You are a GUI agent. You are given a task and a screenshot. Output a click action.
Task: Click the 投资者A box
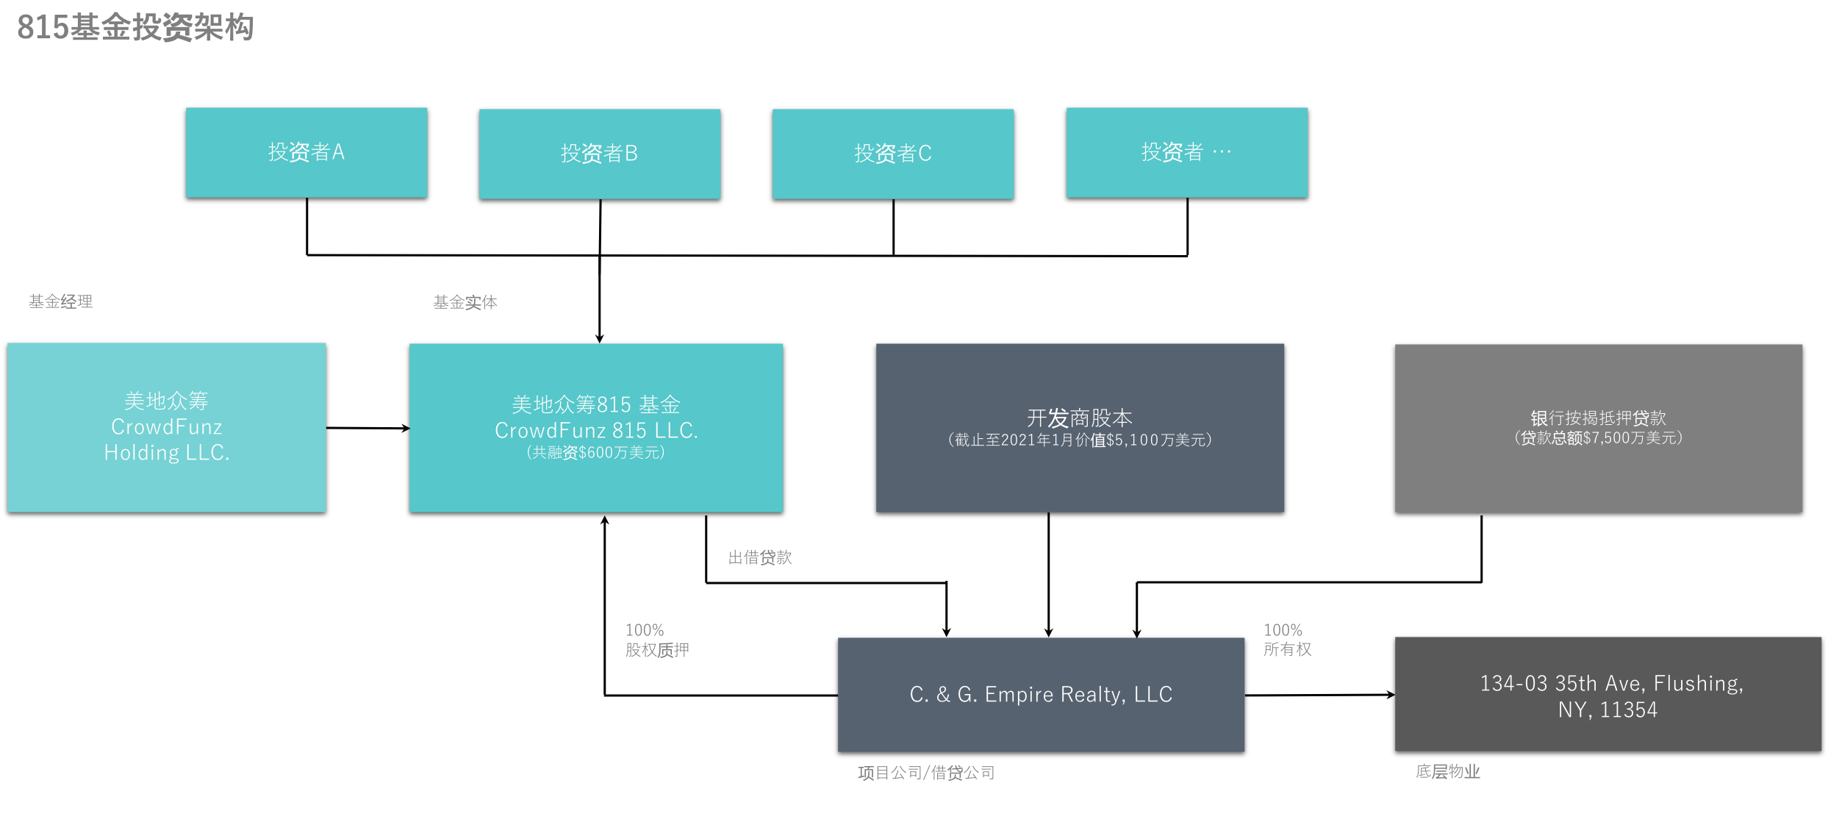(x=307, y=152)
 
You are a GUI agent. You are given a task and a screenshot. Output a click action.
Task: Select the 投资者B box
(x=600, y=154)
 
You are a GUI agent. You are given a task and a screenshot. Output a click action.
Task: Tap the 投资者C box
(x=893, y=154)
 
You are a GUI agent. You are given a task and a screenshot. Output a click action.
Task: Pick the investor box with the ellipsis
(x=1187, y=152)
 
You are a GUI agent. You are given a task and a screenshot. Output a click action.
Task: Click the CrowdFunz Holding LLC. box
(x=167, y=427)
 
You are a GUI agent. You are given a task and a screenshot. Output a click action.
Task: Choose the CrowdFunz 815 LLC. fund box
(x=596, y=428)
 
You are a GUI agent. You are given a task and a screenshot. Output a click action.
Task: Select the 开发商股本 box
(x=1080, y=428)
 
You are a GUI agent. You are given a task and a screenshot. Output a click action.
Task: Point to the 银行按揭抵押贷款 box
(x=1599, y=429)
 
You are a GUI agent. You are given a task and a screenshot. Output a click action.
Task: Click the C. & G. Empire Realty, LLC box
(x=1041, y=695)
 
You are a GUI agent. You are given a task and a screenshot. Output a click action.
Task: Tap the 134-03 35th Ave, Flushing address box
(x=1608, y=694)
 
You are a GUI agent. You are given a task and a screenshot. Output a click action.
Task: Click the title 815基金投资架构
(x=135, y=27)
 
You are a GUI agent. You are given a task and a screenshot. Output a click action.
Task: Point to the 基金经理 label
(x=60, y=301)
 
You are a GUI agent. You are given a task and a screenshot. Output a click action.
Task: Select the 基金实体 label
(x=465, y=302)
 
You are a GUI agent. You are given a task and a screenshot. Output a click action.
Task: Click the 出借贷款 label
(x=760, y=557)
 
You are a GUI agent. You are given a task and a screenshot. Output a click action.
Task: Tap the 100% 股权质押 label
(x=657, y=640)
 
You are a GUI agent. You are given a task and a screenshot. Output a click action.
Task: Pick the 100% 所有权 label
(x=1288, y=640)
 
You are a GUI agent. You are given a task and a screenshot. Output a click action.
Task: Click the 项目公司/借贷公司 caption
(x=926, y=773)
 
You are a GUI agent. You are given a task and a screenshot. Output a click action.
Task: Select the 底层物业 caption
(x=1448, y=771)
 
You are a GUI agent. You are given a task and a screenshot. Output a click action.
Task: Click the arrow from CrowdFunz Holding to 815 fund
(x=368, y=428)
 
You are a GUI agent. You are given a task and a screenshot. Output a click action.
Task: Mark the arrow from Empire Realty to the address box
(x=1319, y=695)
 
